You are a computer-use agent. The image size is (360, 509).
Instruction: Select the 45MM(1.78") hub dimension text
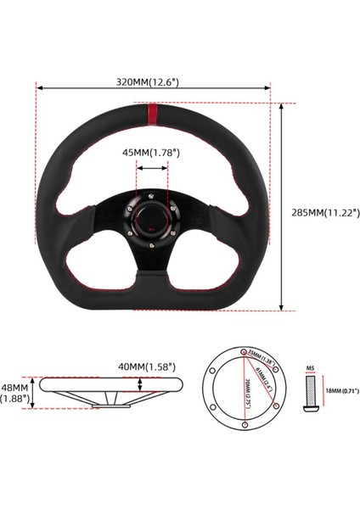coord(153,154)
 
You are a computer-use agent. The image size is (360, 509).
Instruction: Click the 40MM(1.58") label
coord(148,366)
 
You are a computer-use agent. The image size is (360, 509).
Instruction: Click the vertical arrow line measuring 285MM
coord(281,208)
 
